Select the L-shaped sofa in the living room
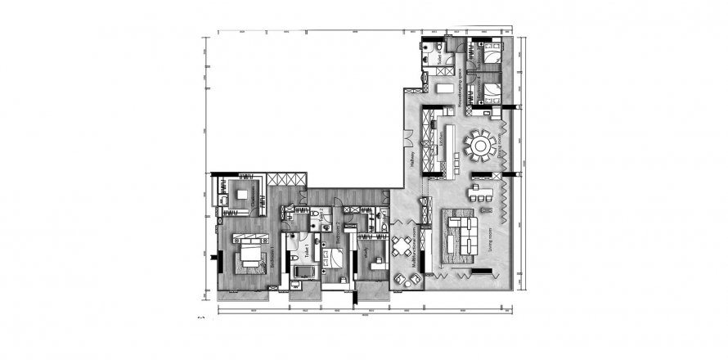[x=459, y=232]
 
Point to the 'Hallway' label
[x=415, y=155]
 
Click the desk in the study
[x=375, y=263]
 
